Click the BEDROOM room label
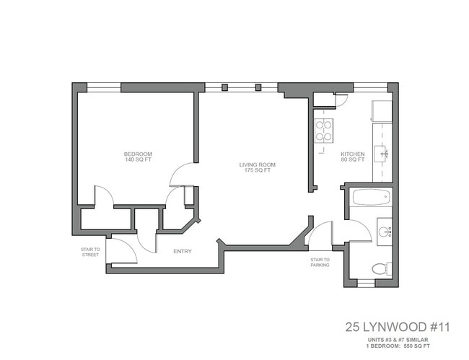[x=136, y=154]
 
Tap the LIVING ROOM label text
[x=258, y=164]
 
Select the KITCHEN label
[x=352, y=154]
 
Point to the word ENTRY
[x=183, y=251]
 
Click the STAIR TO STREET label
[x=90, y=251]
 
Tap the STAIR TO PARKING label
[x=320, y=262]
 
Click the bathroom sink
[x=384, y=232]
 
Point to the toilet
[x=380, y=269]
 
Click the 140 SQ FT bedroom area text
[x=136, y=160]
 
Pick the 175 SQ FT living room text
[x=258, y=171]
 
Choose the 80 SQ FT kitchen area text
[x=352, y=160]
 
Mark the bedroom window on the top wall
[x=103, y=87]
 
